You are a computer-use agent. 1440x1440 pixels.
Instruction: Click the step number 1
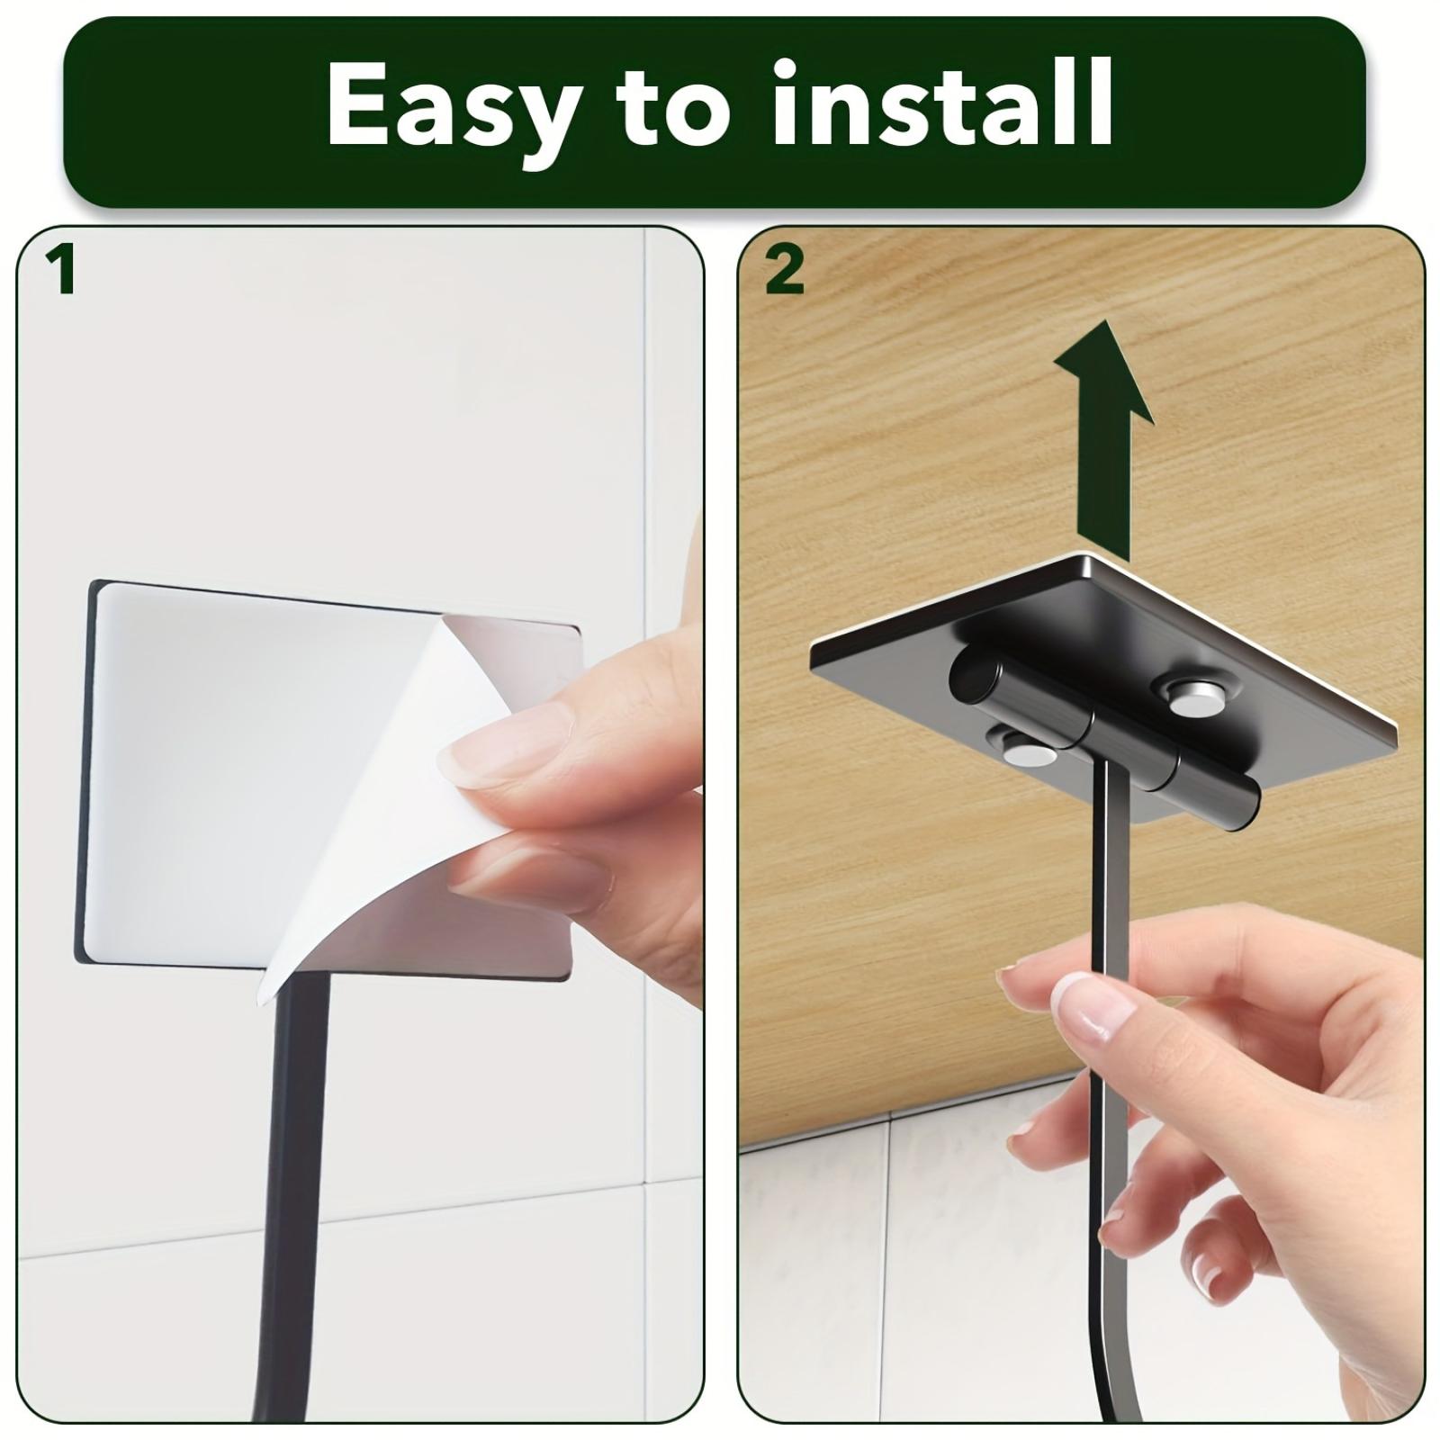[62, 271]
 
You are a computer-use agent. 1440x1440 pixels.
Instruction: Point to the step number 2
[784, 271]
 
